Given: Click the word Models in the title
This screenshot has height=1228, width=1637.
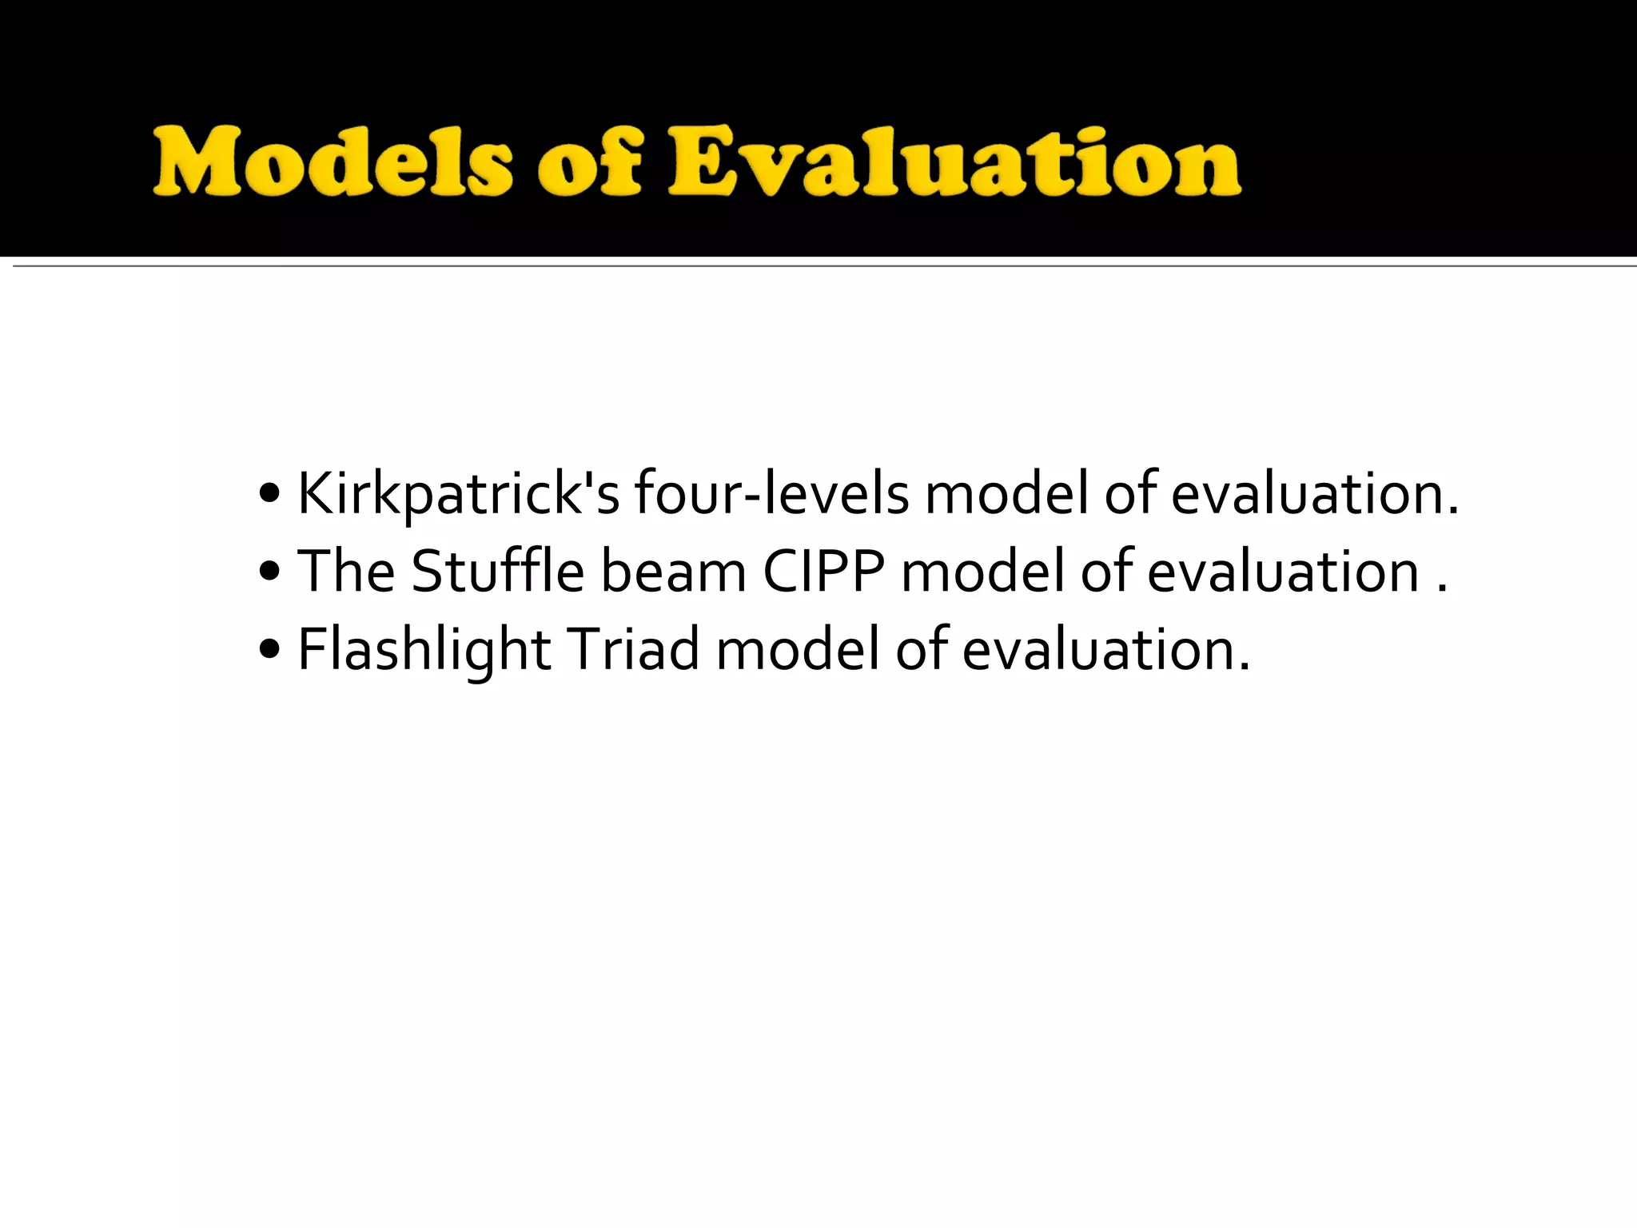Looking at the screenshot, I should point(332,162).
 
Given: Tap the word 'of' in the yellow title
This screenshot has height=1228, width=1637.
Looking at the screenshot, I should point(590,164).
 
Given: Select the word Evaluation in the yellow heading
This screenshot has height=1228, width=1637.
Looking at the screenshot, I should point(955,162).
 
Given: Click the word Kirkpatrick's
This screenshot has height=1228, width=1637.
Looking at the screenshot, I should point(458,493).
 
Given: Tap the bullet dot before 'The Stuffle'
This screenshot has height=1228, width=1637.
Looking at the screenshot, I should point(269,572).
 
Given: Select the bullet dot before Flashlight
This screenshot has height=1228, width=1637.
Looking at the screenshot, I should point(269,650).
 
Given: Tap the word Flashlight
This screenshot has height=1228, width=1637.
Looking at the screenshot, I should point(424,649).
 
